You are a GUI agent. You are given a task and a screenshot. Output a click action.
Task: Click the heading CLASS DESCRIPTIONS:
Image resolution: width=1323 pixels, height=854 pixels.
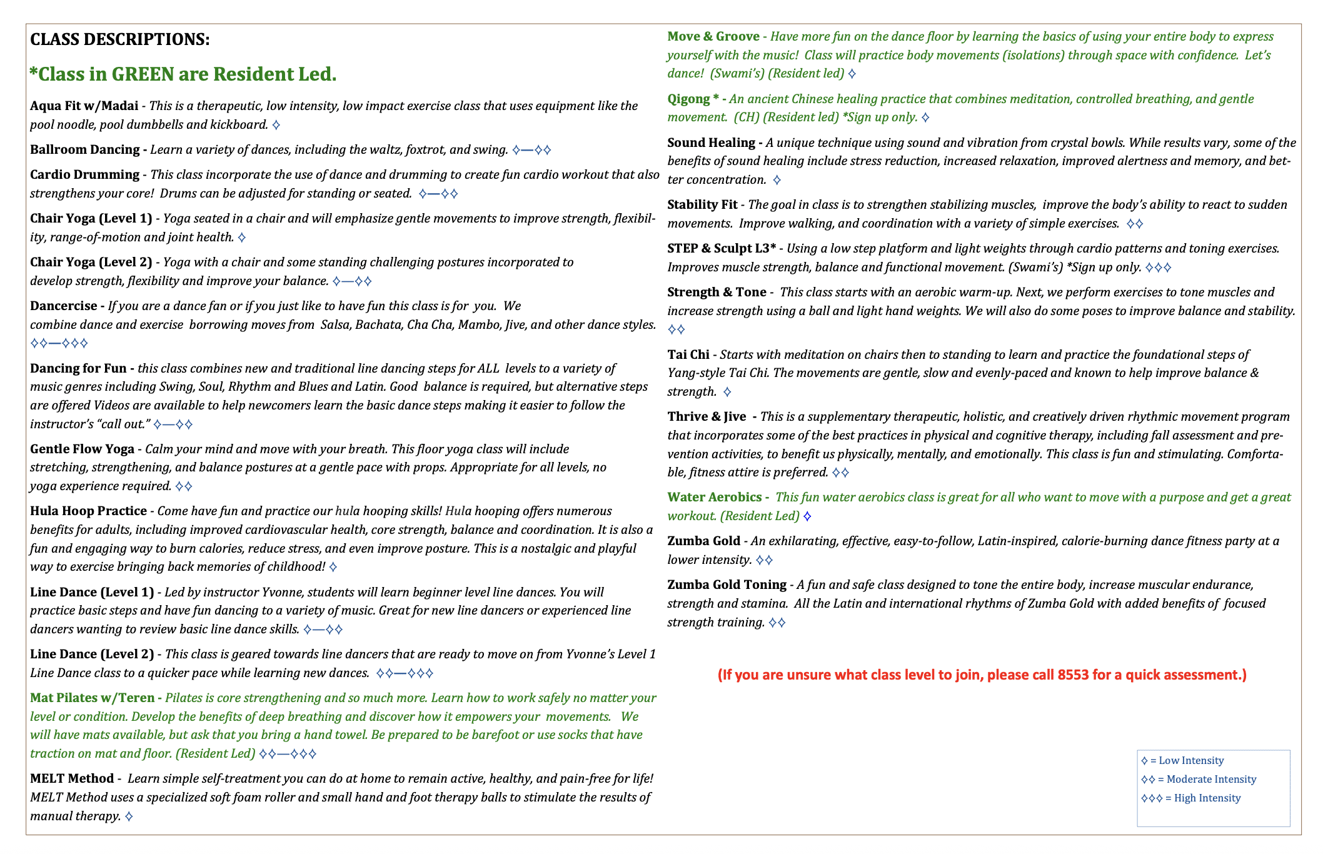pos(119,39)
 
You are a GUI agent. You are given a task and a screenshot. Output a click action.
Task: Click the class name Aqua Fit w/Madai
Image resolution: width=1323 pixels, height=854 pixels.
pos(84,106)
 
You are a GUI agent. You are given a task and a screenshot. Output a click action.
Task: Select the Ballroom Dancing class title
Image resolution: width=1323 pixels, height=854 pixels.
pos(84,149)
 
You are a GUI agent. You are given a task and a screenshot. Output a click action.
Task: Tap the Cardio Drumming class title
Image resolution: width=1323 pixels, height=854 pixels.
pos(84,174)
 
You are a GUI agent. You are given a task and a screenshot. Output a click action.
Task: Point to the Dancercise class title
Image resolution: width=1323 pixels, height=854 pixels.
pos(64,306)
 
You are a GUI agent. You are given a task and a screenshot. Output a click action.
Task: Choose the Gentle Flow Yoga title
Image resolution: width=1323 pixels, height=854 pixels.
pos(82,449)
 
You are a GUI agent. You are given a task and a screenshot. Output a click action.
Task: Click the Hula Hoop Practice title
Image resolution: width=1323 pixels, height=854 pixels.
pos(88,511)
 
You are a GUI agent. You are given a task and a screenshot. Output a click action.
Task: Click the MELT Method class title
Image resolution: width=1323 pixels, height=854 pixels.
pos(72,778)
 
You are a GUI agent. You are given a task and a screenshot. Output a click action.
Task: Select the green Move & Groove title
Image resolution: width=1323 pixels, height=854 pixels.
pos(713,36)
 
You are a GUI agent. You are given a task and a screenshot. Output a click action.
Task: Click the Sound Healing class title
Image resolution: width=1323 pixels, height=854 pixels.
pos(711,143)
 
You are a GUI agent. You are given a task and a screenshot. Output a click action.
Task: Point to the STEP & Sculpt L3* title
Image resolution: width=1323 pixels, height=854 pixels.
pos(721,248)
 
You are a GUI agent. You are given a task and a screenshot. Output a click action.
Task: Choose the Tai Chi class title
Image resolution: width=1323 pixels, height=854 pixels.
pos(688,354)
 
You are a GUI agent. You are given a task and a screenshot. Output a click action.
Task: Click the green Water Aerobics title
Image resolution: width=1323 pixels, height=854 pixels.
pos(714,497)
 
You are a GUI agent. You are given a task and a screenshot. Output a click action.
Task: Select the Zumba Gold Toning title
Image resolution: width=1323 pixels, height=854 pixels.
pos(727,585)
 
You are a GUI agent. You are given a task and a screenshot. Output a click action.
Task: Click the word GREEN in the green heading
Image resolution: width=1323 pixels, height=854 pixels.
pos(143,74)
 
